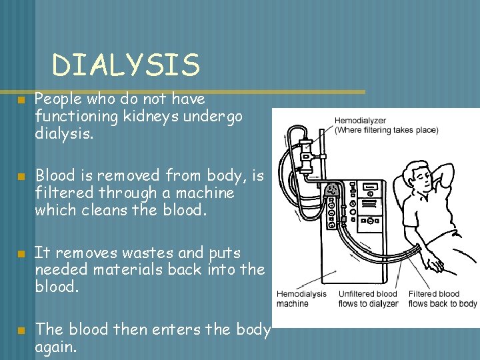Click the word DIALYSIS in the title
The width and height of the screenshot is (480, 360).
pyautogui.click(x=126, y=65)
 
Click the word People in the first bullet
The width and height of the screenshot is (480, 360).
pyautogui.click(x=57, y=99)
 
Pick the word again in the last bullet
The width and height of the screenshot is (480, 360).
pyautogui.click(x=57, y=346)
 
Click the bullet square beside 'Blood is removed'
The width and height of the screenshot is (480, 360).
pyautogui.click(x=21, y=177)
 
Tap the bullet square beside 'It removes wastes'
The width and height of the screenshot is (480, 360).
pyautogui.click(x=21, y=254)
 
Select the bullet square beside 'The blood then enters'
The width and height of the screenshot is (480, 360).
pyautogui.click(x=21, y=330)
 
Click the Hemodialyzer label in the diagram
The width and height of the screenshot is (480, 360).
pyautogui.click(x=360, y=121)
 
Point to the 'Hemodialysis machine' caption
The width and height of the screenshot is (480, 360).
pyautogui.click(x=301, y=298)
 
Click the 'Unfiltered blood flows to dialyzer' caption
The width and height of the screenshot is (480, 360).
pyautogui.click(x=367, y=298)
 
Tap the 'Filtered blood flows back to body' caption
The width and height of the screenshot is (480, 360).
pyautogui.click(x=442, y=298)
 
